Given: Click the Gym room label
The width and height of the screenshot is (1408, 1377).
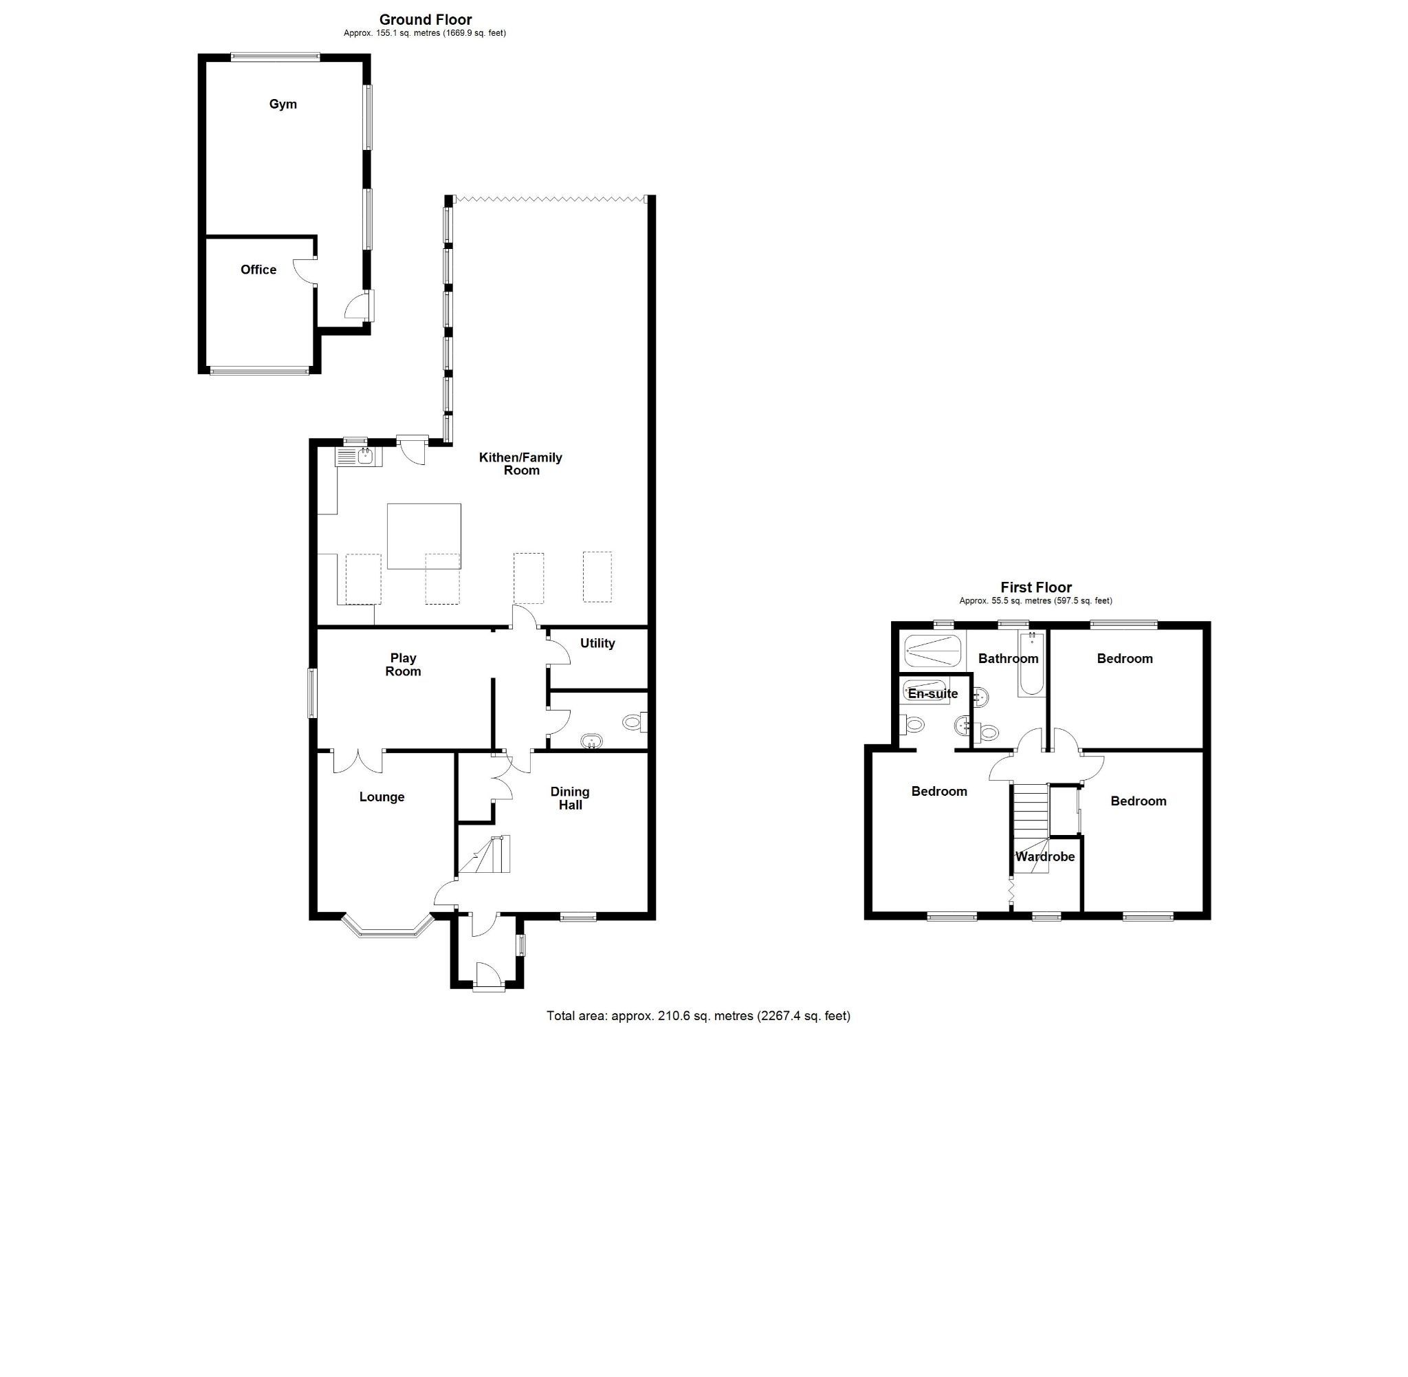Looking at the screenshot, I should pyautogui.click(x=283, y=104).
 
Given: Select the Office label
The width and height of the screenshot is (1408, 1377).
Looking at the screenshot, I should pyautogui.click(x=258, y=270).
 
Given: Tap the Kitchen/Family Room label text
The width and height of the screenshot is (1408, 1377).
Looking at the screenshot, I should pyautogui.click(x=520, y=464).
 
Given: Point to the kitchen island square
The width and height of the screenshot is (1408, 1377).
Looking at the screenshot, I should pyautogui.click(x=423, y=536).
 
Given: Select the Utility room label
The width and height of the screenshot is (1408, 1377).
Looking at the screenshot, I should pyautogui.click(x=597, y=643).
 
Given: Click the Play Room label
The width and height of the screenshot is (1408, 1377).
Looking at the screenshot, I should pyautogui.click(x=403, y=664).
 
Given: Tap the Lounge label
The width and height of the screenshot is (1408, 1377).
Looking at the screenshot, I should pyautogui.click(x=382, y=797).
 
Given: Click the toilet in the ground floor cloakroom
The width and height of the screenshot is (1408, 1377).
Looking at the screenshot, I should pyautogui.click(x=634, y=721).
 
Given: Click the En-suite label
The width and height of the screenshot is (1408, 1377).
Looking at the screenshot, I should pyautogui.click(x=932, y=694).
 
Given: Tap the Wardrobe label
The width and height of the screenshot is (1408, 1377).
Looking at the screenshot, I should pyautogui.click(x=1044, y=857).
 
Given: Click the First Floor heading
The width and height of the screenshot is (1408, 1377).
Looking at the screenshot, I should pyautogui.click(x=1035, y=587).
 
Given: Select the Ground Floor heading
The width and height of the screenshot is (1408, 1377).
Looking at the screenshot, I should pyautogui.click(x=425, y=19).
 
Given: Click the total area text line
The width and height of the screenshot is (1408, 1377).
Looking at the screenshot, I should pyautogui.click(x=698, y=1015).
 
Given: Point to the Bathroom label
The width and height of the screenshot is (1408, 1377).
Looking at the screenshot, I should pyautogui.click(x=1008, y=658).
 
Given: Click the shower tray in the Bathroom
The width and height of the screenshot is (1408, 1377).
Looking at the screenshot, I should pyautogui.click(x=933, y=649).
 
